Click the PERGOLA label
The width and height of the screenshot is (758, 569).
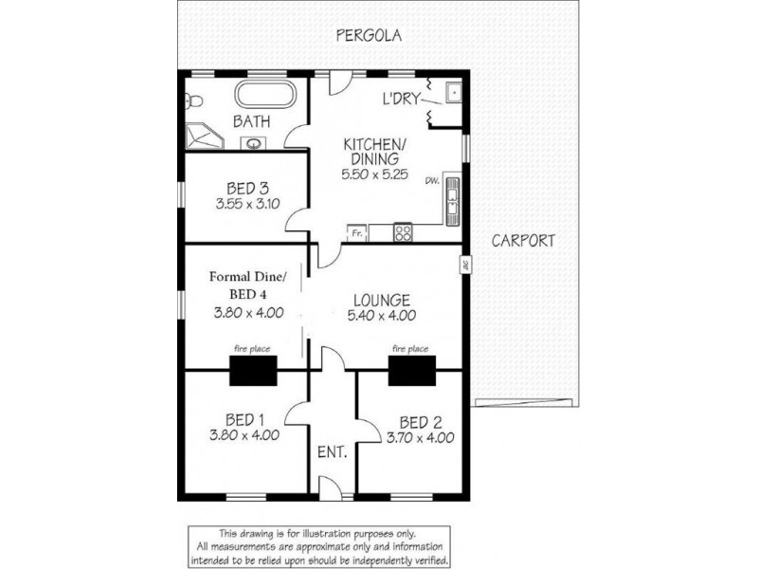coord(369,35)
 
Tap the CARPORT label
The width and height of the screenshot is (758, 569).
coord(523,241)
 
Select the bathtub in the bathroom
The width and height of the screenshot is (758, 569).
coord(264,94)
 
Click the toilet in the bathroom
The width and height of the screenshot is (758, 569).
coord(193,101)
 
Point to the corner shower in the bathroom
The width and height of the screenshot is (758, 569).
coord(204,136)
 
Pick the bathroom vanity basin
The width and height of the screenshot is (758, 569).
coord(253,143)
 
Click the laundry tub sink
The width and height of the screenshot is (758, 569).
coord(454,92)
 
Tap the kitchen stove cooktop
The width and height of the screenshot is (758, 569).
coord(403,232)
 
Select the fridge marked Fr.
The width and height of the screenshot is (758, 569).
coord(357,233)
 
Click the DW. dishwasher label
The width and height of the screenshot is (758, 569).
coord(432,181)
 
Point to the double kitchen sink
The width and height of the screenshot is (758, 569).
coord(453,202)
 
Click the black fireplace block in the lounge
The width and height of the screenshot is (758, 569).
coord(412,371)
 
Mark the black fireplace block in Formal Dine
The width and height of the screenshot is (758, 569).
coord(253,371)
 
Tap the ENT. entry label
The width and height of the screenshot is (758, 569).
coord(333,452)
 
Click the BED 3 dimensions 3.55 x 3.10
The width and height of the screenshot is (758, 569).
coord(247,204)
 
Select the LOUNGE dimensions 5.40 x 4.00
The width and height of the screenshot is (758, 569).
coord(382,316)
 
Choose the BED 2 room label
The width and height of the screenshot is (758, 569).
coord(421,422)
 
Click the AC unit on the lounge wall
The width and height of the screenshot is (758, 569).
coord(465,265)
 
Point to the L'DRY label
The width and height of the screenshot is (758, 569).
coord(401,99)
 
